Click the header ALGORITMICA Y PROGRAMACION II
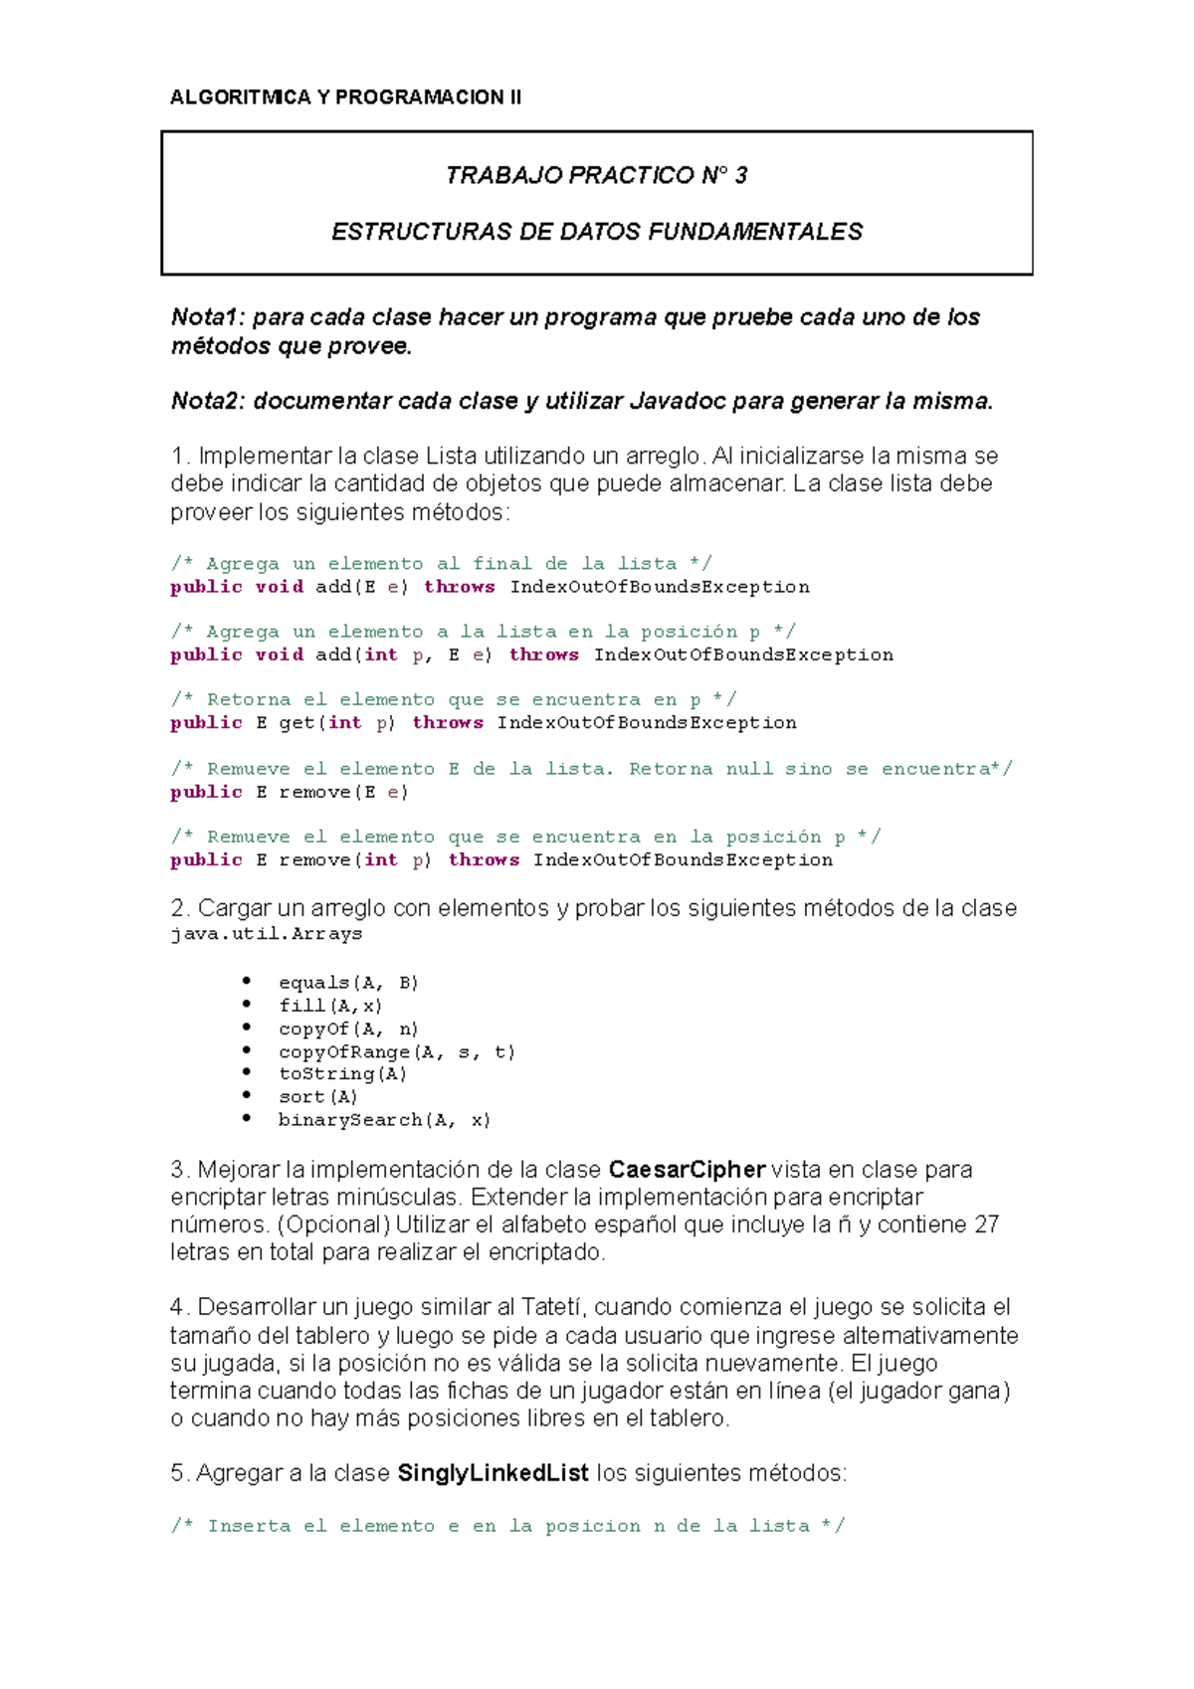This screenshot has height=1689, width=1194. tap(345, 96)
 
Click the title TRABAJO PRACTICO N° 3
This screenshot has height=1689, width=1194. tap(596, 175)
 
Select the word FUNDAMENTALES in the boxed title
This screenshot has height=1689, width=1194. tap(755, 232)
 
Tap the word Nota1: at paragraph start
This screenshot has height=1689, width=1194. tap(208, 317)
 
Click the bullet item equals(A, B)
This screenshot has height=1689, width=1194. tap(348, 983)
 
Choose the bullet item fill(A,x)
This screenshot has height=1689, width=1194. tap(330, 1006)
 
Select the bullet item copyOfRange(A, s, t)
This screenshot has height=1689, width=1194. tap(396, 1051)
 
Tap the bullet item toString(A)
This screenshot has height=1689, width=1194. tap(342, 1074)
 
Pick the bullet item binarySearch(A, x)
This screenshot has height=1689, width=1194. tap(384, 1120)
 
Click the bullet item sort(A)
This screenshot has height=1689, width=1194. tap(317, 1097)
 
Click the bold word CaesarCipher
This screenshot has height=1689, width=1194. tap(687, 1170)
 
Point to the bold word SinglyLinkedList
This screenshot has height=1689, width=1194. tap(493, 1473)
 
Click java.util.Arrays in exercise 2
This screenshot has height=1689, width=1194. tap(266, 934)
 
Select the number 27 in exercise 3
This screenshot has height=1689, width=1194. tap(986, 1224)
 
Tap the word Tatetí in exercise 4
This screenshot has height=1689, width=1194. tap(553, 1307)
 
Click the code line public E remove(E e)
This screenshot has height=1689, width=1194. tap(290, 792)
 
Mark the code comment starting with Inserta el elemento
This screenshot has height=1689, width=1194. tap(507, 1526)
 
